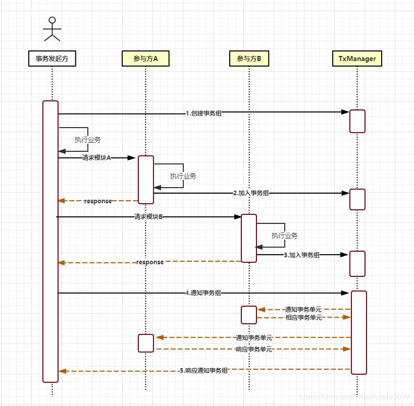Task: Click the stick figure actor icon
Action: point(51,29)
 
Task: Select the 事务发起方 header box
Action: point(52,59)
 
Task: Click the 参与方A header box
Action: point(145,59)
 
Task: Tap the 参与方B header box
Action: point(249,59)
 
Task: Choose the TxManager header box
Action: point(357,59)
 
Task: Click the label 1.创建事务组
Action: point(203,113)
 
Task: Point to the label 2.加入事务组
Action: point(251,193)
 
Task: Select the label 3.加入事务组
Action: point(301,255)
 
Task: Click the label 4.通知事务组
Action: point(203,293)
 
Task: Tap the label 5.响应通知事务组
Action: point(203,370)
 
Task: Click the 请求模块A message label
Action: point(96,158)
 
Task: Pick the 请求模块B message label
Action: point(148,217)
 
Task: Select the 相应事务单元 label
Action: point(303,317)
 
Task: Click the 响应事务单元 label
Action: point(254,349)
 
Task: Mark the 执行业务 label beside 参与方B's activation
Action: point(284,236)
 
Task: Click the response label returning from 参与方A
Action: point(98,201)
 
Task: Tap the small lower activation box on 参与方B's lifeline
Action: point(249,315)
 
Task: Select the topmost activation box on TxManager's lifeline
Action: point(357,121)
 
